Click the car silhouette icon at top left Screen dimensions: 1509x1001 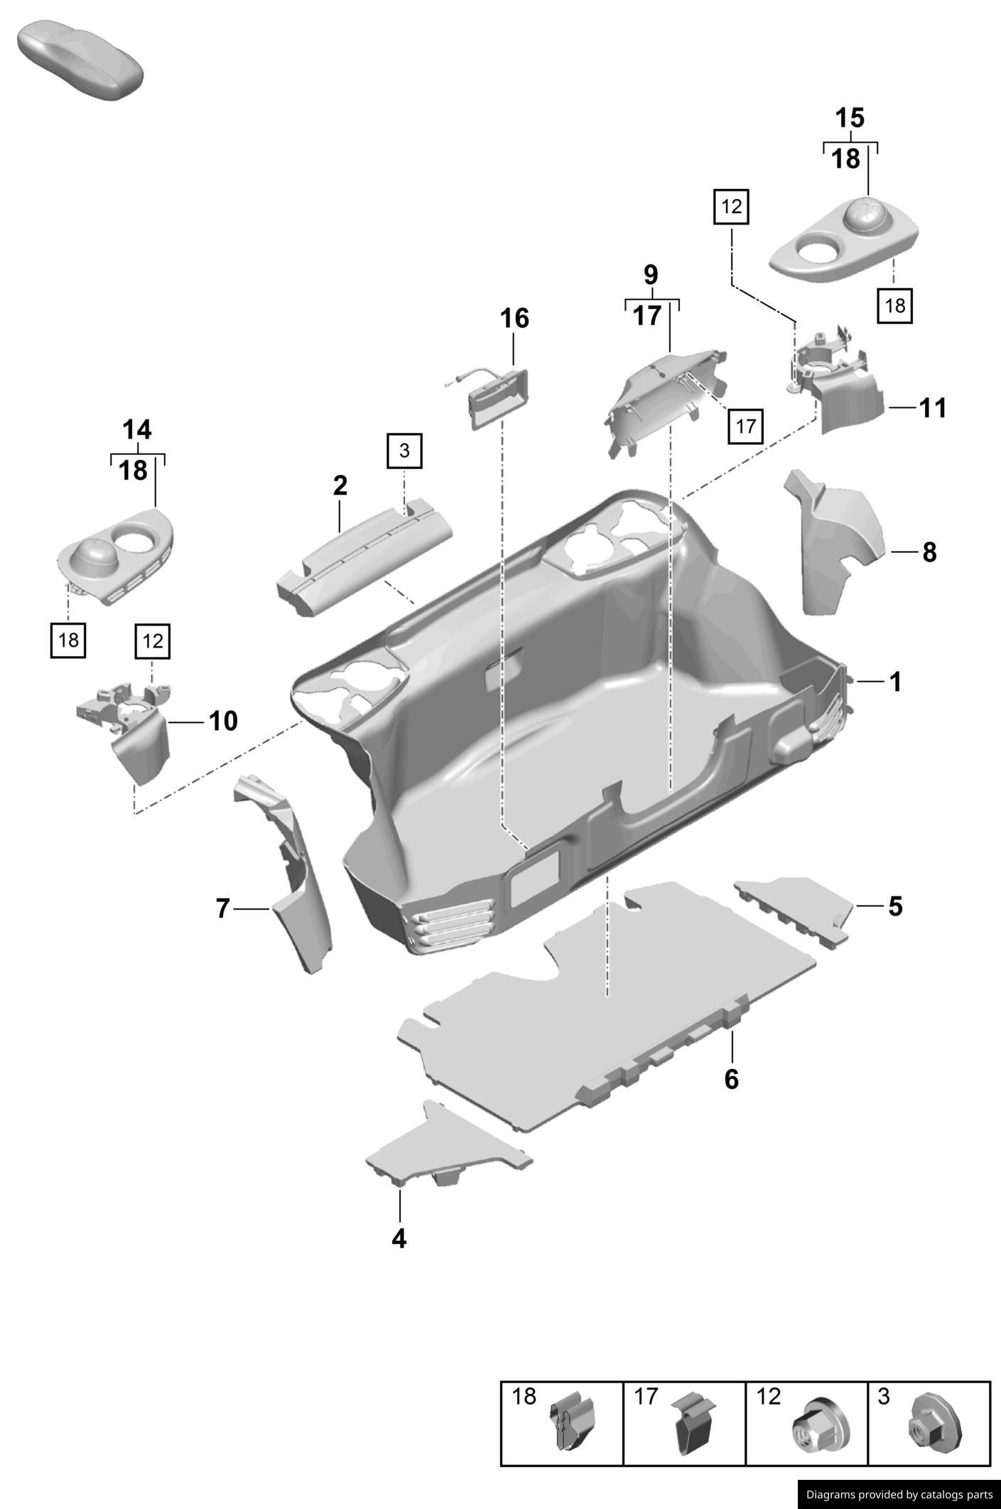pos(80,60)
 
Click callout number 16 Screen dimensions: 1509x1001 pos(514,318)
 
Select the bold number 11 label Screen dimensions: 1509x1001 pos(933,408)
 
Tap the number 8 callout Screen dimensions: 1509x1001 pos(929,552)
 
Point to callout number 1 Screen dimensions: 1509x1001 pos(895,682)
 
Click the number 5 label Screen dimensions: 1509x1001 pos(895,907)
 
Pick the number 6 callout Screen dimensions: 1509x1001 pos(731,1079)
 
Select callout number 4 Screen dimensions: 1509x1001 pos(399,1238)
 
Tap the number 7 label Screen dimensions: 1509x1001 pos(223,908)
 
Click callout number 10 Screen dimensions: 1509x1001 pos(222,721)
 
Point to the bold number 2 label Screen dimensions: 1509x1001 pos(340,486)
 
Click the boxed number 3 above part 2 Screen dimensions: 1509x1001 pos(404,451)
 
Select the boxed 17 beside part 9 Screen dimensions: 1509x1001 pos(745,426)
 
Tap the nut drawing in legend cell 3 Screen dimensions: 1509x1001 pos(936,1421)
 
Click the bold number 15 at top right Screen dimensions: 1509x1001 pos(849,118)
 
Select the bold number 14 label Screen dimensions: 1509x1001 pos(136,430)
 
